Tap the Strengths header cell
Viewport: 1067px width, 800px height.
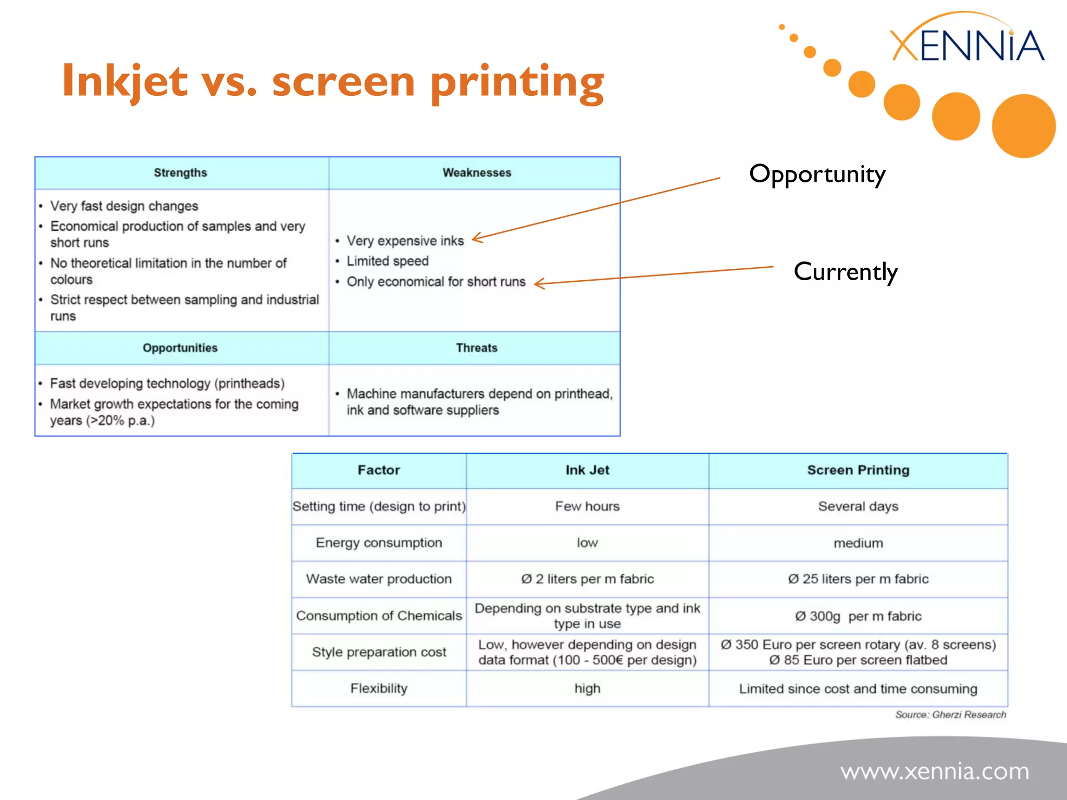click(x=180, y=173)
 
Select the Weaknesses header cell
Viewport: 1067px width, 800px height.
click(x=476, y=173)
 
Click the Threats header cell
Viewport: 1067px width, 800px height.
click(x=476, y=348)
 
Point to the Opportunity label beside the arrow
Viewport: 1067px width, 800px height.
click(x=816, y=174)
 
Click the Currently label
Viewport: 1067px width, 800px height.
click(x=845, y=272)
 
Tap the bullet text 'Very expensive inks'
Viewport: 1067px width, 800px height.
click(x=405, y=241)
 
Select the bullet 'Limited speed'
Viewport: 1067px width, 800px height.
click(x=388, y=261)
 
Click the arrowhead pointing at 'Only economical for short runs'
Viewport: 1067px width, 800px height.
click(x=539, y=284)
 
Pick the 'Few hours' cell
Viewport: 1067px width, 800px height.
click(x=587, y=507)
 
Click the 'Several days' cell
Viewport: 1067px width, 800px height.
click(x=858, y=507)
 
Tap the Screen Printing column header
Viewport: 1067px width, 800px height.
click(x=858, y=470)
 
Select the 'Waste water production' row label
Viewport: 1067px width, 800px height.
click(x=379, y=579)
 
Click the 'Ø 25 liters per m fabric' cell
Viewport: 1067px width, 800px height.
click(x=858, y=579)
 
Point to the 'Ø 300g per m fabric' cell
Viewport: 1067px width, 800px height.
click(x=858, y=617)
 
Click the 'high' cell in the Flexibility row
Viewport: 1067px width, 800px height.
click(x=587, y=689)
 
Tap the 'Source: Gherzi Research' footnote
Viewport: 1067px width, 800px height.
click(x=950, y=715)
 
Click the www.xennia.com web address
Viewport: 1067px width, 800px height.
click(x=935, y=771)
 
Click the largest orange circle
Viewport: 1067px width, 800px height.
click(x=1023, y=126)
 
